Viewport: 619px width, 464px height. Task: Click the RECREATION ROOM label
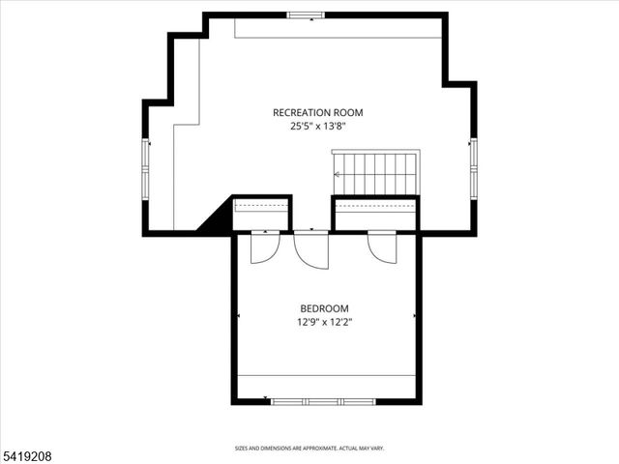(x=317, y=112)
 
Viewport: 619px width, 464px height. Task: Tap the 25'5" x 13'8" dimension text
(x=317, y=126)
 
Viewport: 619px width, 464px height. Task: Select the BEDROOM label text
(x=323, y=308)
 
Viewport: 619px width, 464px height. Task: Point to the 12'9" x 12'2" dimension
(x=323, y=323)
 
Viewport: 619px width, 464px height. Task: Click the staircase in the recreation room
(x=375, y=173)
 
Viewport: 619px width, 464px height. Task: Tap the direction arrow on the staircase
(x=339, y=175)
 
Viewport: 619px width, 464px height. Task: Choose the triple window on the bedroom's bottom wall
(x=323, y=400)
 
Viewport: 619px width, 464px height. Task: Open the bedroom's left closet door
(x=263, y=247)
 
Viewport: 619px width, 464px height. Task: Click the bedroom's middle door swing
(x=311, y=249)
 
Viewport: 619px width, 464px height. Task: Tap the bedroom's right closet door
(x=381, y=246)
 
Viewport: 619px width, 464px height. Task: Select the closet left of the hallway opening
(x=261, y=214)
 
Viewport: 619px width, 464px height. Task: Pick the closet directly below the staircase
(x=375, y=214)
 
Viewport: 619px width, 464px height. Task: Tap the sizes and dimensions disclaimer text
(x=309, y=448)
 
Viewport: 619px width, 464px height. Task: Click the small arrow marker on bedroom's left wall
(x=238, y=316)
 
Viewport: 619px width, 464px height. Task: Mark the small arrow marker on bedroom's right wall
(x=416, y=316)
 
